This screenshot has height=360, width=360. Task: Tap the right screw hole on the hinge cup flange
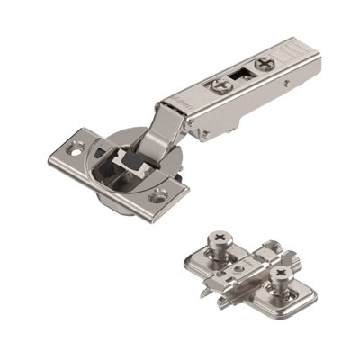(x=159, y=193)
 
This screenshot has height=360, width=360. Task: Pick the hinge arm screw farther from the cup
(x=263, y=64)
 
